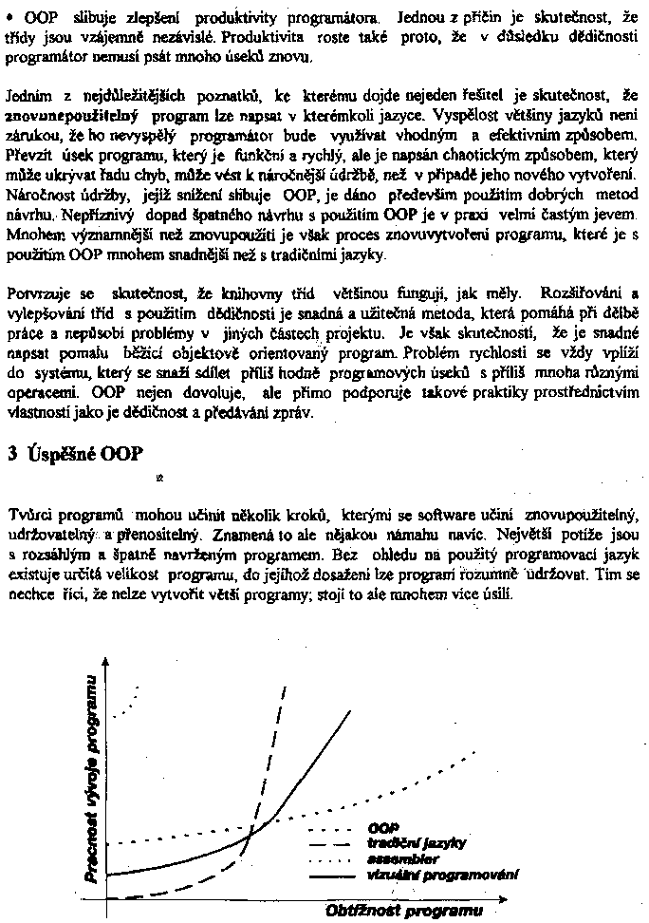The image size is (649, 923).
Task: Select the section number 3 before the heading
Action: tap(11, 454)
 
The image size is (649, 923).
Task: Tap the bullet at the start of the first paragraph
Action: tap(11, 17)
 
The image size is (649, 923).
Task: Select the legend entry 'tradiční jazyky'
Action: tap(403, 842)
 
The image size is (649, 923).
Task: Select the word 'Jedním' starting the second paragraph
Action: tap(27, 96)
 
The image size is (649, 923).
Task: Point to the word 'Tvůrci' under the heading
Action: tap(28, 516)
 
